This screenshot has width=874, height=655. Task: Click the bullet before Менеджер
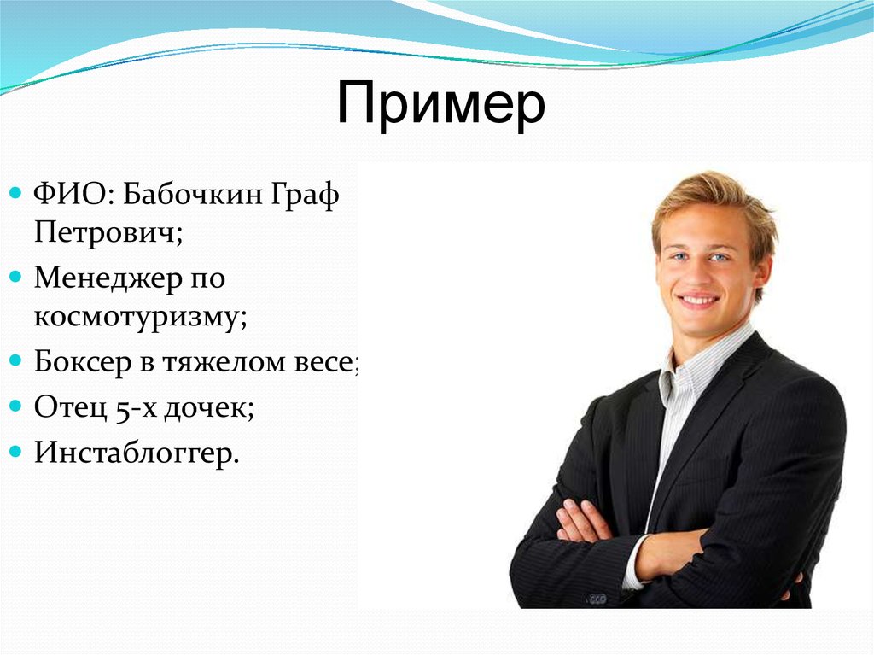[17, 277]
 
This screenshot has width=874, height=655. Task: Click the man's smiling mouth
[699, 301]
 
